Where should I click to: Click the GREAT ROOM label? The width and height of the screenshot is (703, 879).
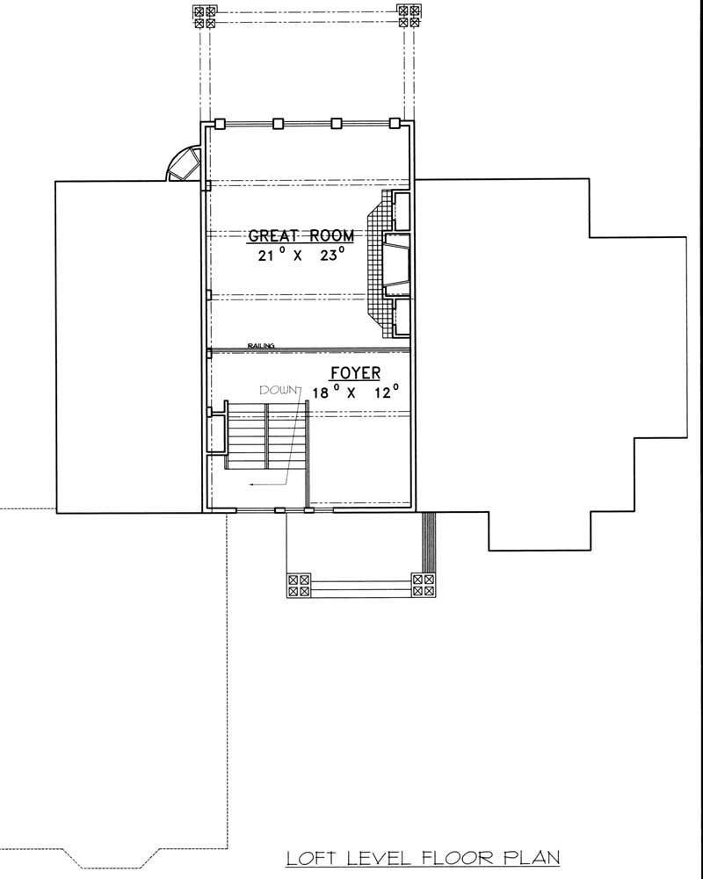301,235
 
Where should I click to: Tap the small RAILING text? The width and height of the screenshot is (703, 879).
261,346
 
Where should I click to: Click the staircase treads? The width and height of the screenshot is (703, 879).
264,435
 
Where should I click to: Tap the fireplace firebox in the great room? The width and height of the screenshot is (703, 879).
398,266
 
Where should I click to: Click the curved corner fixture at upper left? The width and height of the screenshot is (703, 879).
184,164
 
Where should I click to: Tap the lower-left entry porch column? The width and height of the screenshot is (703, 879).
300,586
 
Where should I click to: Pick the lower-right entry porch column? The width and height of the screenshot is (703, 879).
424,586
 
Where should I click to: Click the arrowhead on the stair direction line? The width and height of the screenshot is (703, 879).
251,484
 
